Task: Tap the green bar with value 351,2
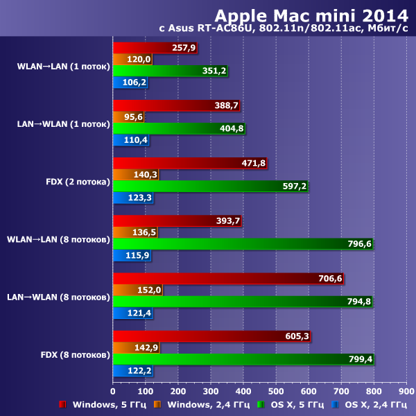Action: [170, 71]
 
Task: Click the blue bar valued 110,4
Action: [131, 140]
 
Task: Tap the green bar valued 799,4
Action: [243, 358]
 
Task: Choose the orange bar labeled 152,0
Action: [137, 290]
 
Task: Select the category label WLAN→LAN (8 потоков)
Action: [58, 240]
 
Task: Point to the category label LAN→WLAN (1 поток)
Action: [63, 125]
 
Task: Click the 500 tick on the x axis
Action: [275, 390]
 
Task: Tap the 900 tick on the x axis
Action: [406, 390]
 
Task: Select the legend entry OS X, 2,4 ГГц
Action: [375, 404]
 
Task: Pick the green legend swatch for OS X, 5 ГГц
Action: [260, 404]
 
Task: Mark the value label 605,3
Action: [296, 336]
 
